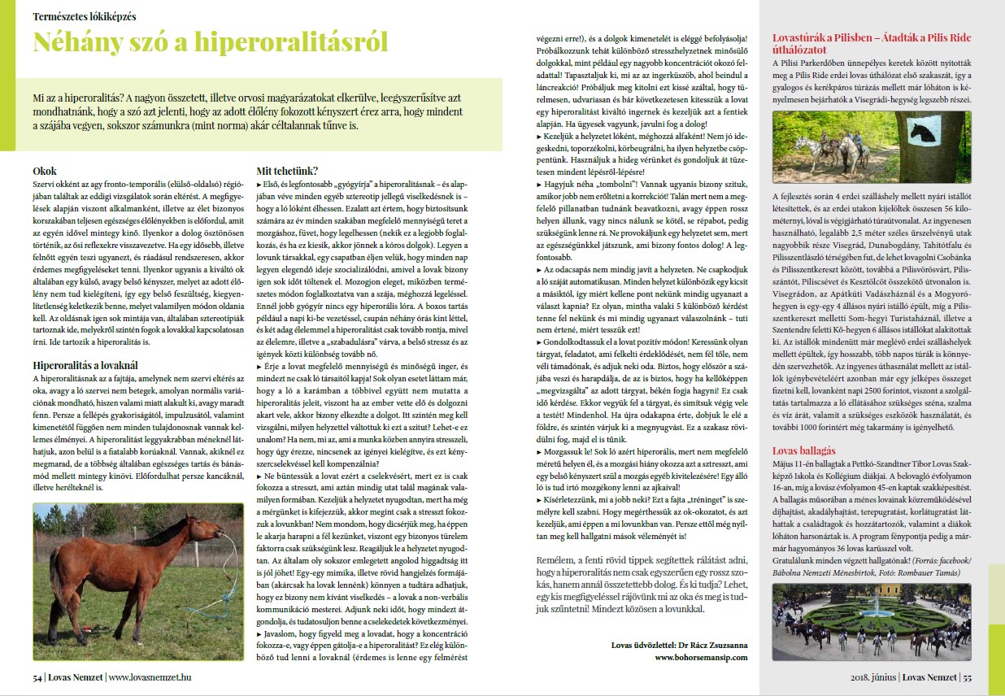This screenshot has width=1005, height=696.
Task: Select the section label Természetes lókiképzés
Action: tap(85, 15)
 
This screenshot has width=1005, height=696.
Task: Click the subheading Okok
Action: tap(44, 172)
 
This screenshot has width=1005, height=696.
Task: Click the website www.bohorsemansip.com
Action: tap(700, 657)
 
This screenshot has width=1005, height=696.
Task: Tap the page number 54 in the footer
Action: tap(37, 676)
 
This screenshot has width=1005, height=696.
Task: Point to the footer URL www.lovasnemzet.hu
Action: tap(150, 676)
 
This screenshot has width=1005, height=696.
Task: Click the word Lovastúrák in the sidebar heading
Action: tap(802, 37)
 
